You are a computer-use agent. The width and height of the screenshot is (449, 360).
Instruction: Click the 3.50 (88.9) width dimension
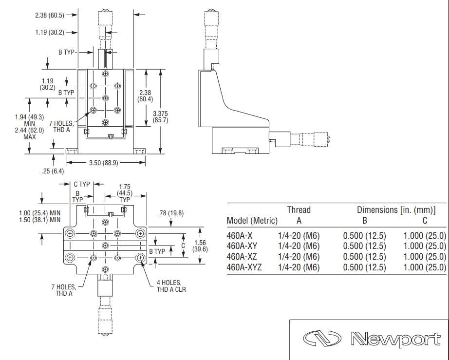click(103, 163)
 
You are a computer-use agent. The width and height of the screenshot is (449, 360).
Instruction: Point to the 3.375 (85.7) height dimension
click(160, 117)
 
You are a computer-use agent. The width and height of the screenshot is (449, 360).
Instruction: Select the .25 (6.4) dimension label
click(53, 171)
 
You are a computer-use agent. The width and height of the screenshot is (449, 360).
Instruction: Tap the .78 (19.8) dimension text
click(170, 213)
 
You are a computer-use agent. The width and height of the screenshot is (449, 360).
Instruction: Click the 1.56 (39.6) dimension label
click(200, 246)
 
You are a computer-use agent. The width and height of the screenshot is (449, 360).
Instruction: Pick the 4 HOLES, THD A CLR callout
click(171, 286)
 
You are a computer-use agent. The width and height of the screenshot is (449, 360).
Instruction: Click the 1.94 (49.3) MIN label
click(30, 120)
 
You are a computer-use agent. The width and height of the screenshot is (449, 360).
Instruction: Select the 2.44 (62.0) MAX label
click(30, 133)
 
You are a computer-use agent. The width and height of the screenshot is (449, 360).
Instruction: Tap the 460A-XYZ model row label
click(244, 267)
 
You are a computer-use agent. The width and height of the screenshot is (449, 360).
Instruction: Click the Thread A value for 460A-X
click(299, 236)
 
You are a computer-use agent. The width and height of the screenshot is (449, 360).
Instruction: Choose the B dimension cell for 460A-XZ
click(365, 257)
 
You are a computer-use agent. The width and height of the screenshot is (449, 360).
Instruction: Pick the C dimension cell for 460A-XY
click(425, 246)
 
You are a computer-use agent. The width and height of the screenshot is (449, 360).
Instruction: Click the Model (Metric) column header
click(252, 221)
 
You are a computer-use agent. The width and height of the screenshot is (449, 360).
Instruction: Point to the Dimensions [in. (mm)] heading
click(396, 210)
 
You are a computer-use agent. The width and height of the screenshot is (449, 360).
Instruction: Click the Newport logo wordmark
click(395, 340)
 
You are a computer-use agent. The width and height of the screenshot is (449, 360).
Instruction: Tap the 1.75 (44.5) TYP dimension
click(125, 193)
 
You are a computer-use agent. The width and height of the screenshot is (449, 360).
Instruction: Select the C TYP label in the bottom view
click(82, 184)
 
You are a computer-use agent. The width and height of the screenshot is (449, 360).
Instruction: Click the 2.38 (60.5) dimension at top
click(50, 15)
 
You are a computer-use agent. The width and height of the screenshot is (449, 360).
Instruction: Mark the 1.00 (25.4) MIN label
click(40, 213)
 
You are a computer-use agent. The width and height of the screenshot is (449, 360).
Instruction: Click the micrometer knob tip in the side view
click(329, 139)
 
